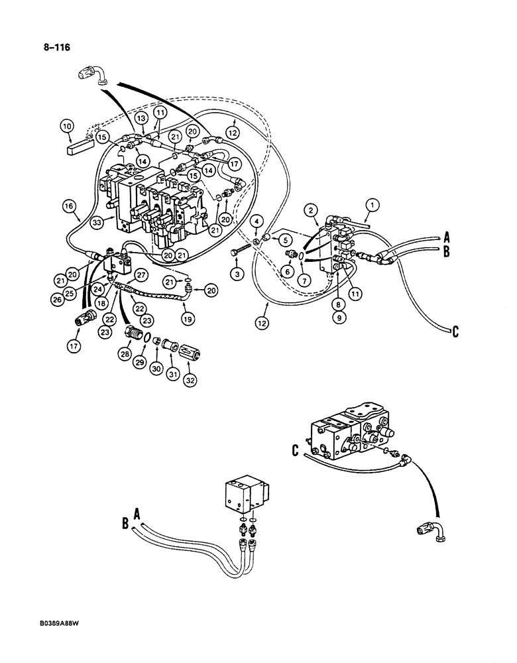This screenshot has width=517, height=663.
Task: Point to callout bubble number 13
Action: (x=141, y=117)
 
